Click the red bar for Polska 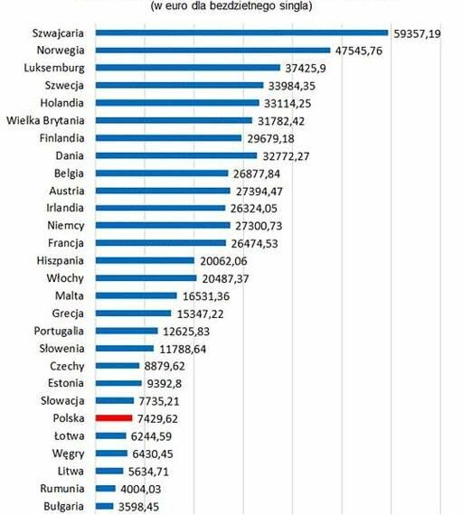(x=114, y=418)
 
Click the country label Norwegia (x=59, y=51)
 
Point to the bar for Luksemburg (x=187, y=68)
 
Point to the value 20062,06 (x=225, y=260)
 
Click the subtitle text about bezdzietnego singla (x=232, y=7)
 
